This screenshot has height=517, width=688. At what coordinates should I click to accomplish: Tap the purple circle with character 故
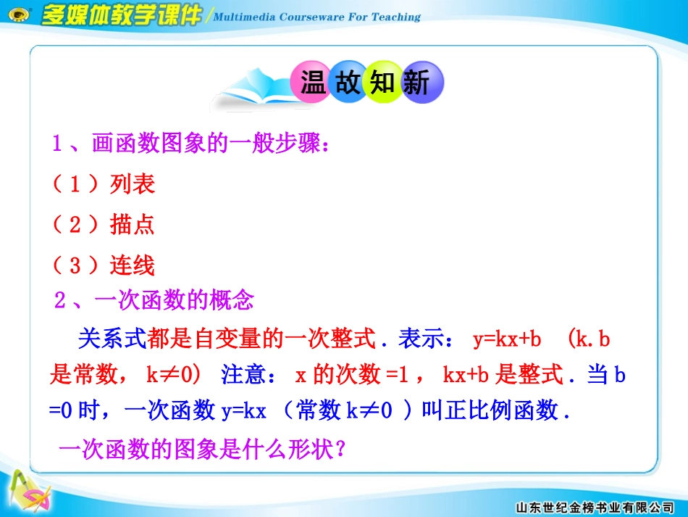click(348, 82)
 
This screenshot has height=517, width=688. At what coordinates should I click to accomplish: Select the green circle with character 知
click(382, 82)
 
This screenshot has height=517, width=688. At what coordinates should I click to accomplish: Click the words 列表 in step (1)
click(133, 183)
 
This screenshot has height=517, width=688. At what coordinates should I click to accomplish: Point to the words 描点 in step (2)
click(133, 224)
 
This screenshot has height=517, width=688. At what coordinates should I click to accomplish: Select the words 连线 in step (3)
click(133, 265)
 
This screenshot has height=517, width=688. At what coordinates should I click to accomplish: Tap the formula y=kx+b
click(507, 339)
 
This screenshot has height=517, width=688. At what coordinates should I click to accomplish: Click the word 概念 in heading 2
click(232, 299)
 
